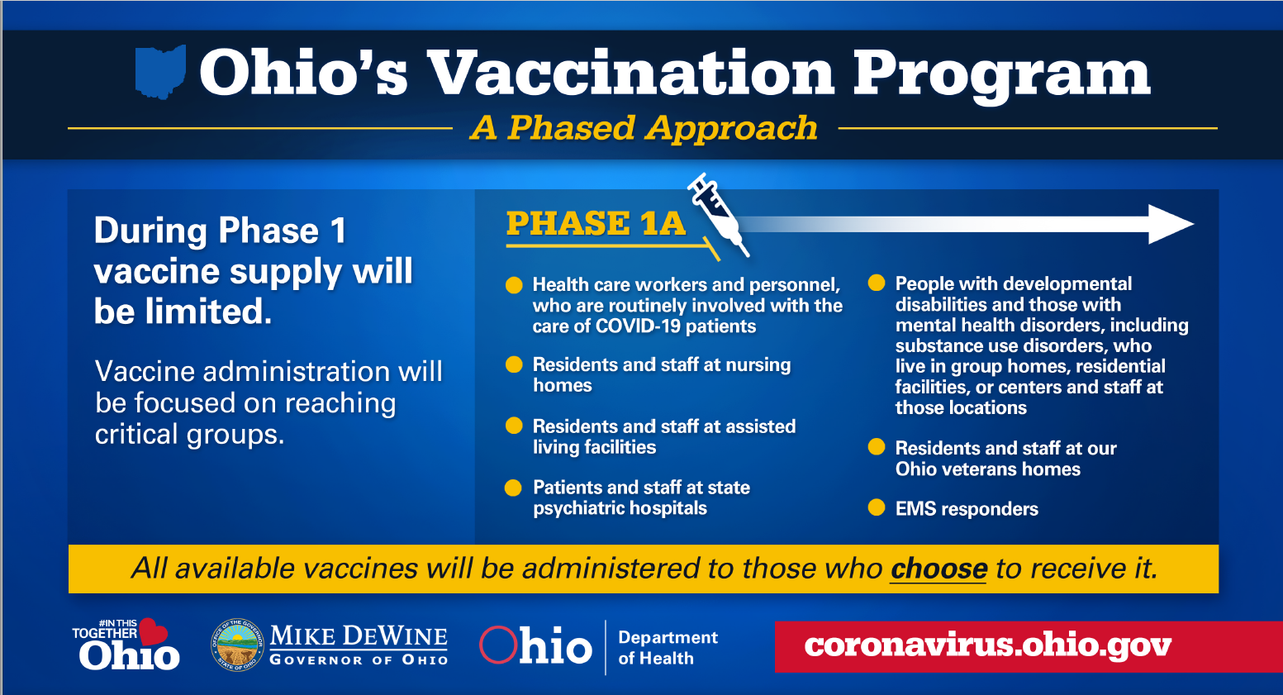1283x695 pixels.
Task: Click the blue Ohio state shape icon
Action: point(160,72)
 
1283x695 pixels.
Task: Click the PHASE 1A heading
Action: point(596,223)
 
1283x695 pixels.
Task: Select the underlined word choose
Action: point(938,569)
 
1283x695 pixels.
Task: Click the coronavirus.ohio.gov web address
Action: point(987,645)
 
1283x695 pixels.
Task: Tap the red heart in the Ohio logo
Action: point(153,631)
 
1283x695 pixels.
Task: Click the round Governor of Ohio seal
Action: point(237,645)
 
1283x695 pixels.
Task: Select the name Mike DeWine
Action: point(359,636)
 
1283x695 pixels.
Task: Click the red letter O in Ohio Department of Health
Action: point(497,645)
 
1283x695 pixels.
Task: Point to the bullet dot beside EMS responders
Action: point(877,507)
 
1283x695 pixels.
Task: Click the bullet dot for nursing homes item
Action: point(514,364)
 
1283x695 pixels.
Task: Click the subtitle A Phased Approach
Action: point(644,127)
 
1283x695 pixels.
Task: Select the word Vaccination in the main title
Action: point(630,73)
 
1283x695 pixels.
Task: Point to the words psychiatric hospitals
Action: point(620,508)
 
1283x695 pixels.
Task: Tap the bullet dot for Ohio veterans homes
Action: point(877,447)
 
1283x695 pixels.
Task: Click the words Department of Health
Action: point(668,647)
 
